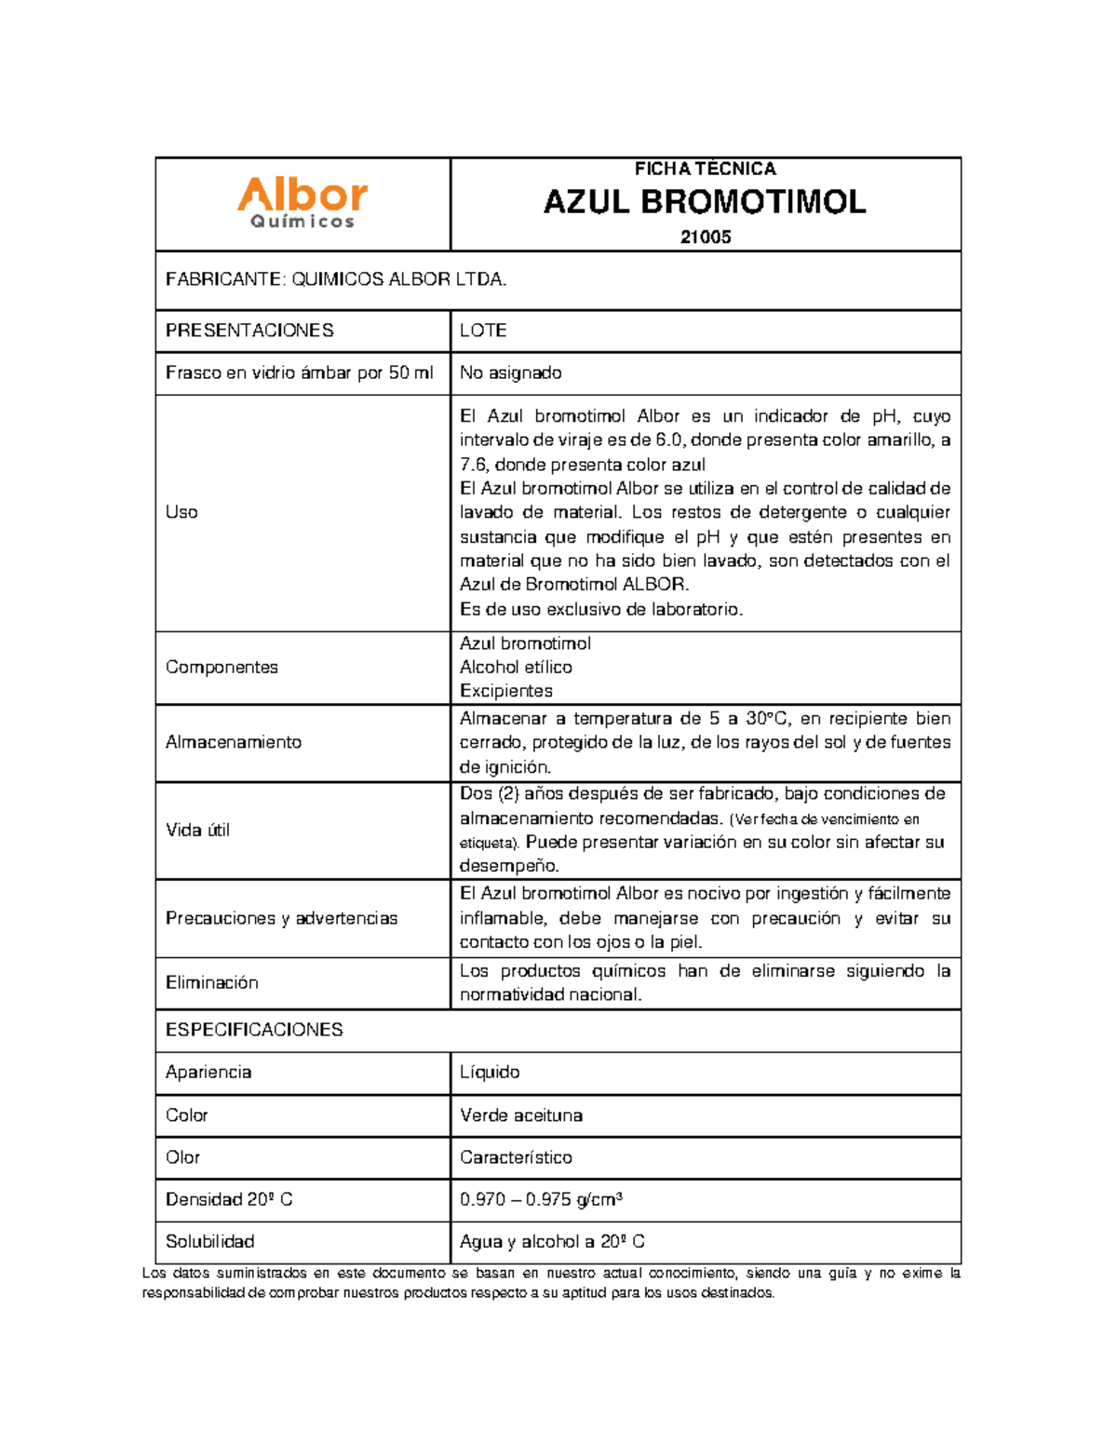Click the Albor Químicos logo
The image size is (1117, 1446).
pos(303,203)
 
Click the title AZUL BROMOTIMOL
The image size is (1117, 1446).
pos(705,202)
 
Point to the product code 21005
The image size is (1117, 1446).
pos(705,236)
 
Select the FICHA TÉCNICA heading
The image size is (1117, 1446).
pos(705,169)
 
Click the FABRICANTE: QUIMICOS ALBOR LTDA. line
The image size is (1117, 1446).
pos(336,279)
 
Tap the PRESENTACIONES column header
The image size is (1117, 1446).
pos(249,331)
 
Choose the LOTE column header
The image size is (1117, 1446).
pos(483,331)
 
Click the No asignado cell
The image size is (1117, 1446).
pos(510,372)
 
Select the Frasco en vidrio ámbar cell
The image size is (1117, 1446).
pos(299,372)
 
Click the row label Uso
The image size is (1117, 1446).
pos(182,512)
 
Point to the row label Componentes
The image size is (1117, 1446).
pos(222,667)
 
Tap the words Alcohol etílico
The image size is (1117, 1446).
pos(516,667)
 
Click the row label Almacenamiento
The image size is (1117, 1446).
pos(234,742)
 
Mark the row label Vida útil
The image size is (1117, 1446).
pos(197,830)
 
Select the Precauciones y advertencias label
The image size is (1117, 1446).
pos(281,918)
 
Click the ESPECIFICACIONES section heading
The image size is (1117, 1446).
pos(254,1030)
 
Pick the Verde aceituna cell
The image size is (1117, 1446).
pos(521,1115)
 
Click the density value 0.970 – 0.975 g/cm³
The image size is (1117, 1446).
pos(541,1199)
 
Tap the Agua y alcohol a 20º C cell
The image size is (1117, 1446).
pos(552,1241)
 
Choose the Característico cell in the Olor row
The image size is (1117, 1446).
pos(516,1157)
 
